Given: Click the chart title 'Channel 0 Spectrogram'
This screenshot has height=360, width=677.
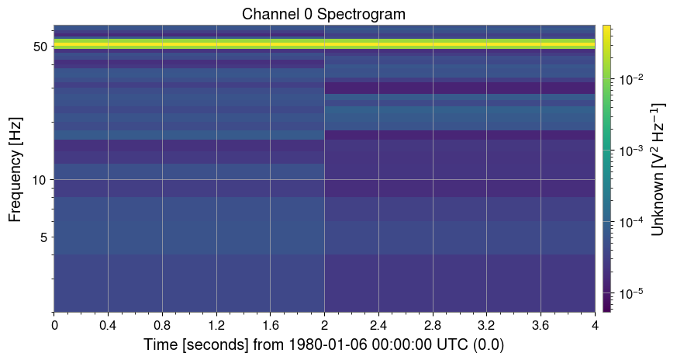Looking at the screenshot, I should click(323, 14).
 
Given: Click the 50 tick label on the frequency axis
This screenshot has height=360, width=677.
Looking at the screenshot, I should click(40, 46).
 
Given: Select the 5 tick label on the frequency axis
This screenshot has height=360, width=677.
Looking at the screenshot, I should click(43, 237).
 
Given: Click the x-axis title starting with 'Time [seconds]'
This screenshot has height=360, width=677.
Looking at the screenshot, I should click(323, 344).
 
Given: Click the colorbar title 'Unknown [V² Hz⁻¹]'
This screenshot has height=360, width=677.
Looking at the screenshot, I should click(658, 168).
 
